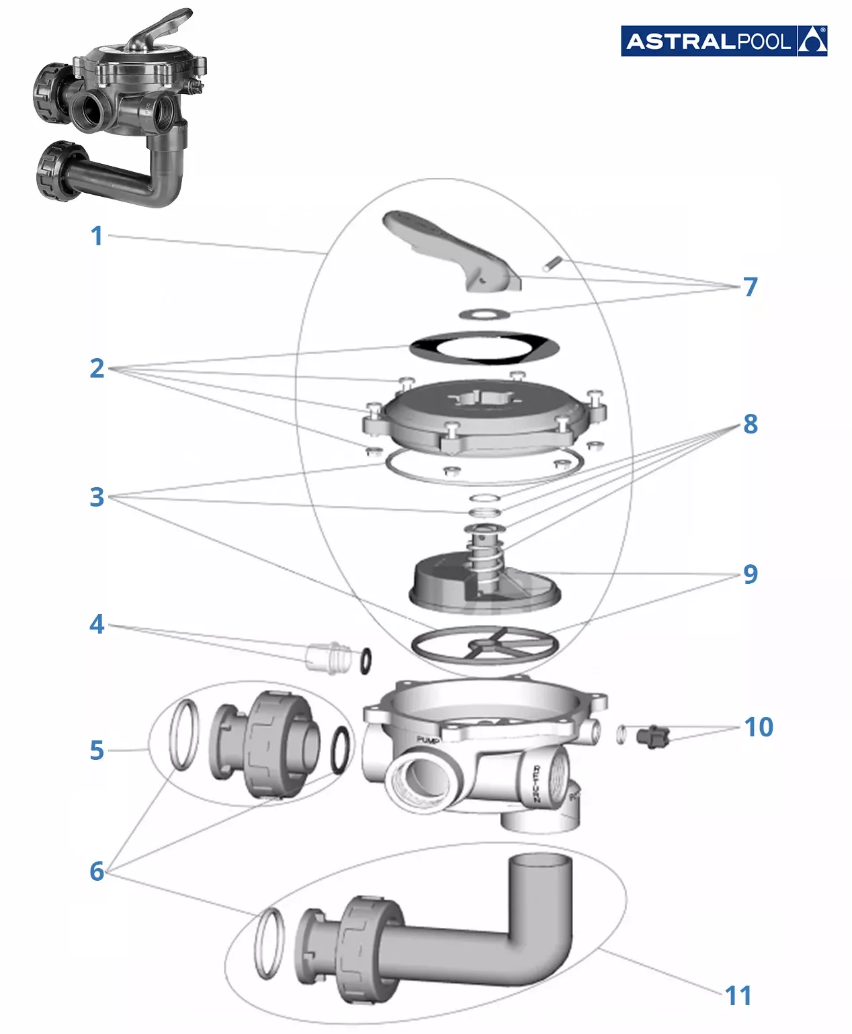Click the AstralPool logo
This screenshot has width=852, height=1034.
(723, 41)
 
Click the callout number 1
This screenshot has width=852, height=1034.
(97, 236)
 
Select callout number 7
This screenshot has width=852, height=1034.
(750, 287)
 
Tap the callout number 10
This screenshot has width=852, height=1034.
(759, 727)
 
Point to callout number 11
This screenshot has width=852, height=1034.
(738, 996)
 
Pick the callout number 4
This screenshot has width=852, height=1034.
(97, 624)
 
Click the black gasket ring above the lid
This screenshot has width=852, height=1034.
(484, 348)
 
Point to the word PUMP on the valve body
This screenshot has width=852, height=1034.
(427, 740)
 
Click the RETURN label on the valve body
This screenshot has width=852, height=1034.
(537, 783)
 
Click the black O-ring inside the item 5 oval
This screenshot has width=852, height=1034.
(341, 750)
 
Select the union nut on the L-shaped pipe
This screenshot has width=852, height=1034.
(367, 947)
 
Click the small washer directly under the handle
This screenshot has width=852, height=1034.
(484, 314)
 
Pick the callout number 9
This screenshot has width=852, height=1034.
(750, 574)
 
